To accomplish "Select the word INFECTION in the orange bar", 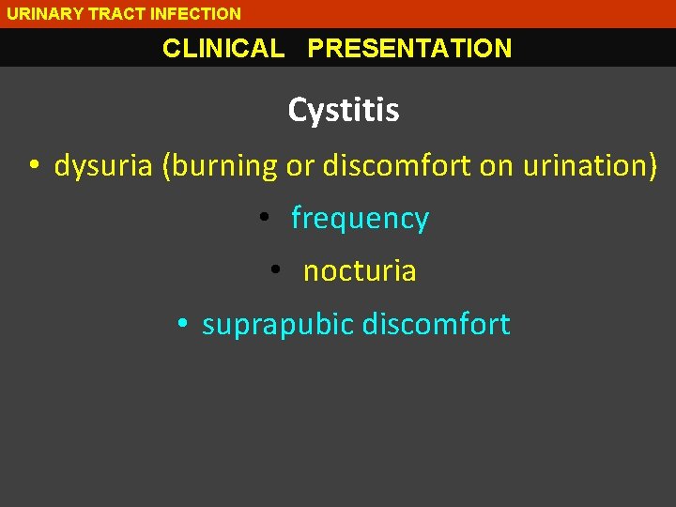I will click(195, 14).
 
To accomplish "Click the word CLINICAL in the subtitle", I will click(223, 49).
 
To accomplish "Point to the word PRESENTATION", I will click(409, 49).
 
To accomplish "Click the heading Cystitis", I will click(343, 111).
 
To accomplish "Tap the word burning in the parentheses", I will click(223, 166).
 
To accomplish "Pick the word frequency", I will click(360, 219).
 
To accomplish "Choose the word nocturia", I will click(360, 271).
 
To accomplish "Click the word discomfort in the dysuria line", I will click(396, 166).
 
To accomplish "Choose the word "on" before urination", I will click(496, 166).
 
